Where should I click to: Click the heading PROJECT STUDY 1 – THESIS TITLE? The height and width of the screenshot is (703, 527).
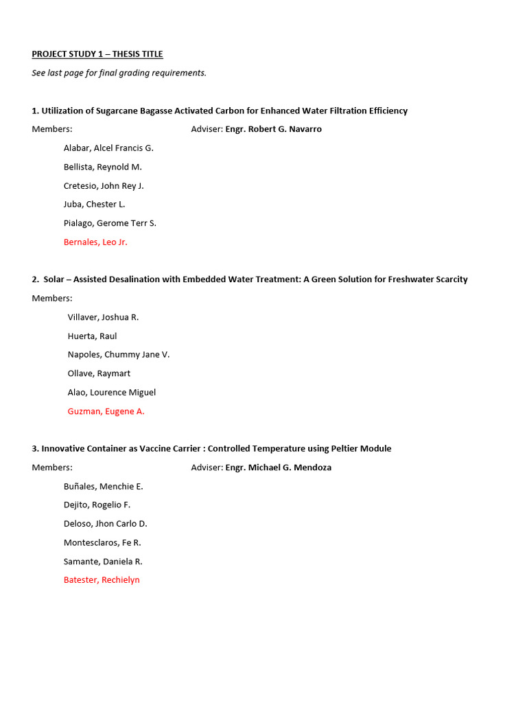[97, 54]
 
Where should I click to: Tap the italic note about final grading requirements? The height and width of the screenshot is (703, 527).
[119, 73]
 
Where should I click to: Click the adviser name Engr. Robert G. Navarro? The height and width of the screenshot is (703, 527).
[273, 129]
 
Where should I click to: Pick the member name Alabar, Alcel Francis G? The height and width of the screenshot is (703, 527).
[108, 148]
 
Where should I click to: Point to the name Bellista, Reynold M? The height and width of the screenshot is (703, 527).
[103, 167]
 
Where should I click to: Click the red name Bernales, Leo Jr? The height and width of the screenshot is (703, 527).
[95, 242]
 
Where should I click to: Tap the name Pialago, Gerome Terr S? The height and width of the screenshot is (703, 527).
[110, 223]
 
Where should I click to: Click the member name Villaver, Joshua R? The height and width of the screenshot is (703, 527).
[103, 317]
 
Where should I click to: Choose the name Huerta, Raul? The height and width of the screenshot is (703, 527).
[92, 336]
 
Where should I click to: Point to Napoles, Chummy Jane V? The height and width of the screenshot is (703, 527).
[119, 354]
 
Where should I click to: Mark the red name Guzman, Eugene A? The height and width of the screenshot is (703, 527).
[106, 411]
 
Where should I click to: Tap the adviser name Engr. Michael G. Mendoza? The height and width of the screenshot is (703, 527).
[278, 468]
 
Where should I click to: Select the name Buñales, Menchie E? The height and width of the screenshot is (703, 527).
[103, 486]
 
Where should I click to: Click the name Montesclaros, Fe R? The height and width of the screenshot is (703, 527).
[102, 542]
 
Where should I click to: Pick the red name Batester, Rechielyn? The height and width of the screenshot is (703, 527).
[102, 580]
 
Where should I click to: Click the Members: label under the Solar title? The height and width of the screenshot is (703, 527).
[52, 298]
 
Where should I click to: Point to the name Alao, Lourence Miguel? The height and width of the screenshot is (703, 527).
[112, 392]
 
